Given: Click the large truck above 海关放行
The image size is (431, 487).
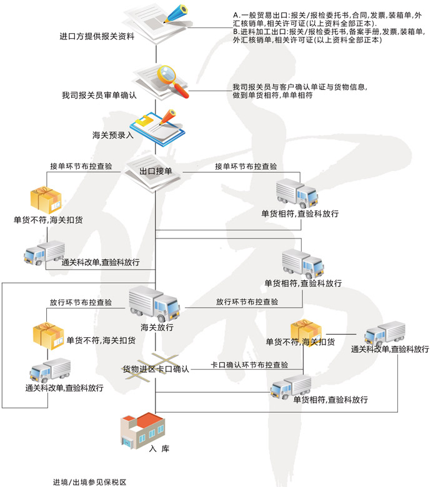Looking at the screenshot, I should (x=155, y=303).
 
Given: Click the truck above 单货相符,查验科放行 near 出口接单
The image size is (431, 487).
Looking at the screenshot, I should (x=297, y=194).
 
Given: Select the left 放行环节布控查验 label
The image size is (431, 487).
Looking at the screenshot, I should (x=81, y=302).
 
